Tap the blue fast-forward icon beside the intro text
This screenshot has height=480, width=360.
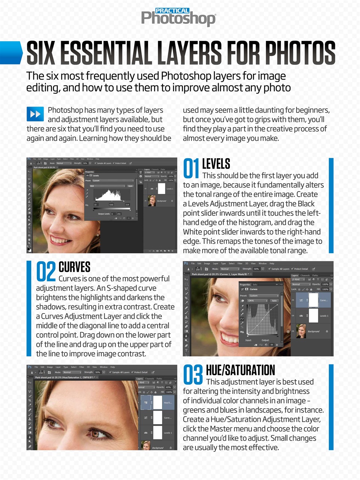pyautogui.click(x=35, y=114)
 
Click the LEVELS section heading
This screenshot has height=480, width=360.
pyautogui.click(x=216, y=164)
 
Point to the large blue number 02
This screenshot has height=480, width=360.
pyautogui.click(x=46, y=271)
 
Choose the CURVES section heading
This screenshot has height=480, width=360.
pyautogui.click(x=74, y=267)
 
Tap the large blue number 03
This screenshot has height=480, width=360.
pyautogui.click(x=193, y=375)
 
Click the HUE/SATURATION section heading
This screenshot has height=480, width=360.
pyautogui.click(x=240, y=370)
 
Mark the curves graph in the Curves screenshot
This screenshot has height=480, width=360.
pyautogui.click(x=262, y=319)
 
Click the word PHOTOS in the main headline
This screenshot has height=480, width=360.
pyautogui.click(x=300, y=53)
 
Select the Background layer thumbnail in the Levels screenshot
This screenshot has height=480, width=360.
pyautogui.click(x=152, y=201)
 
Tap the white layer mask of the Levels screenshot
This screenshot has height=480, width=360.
pyautogui.click(x=162, y=189)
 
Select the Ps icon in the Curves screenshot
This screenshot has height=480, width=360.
pyautogui.click(x=186, y=264)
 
